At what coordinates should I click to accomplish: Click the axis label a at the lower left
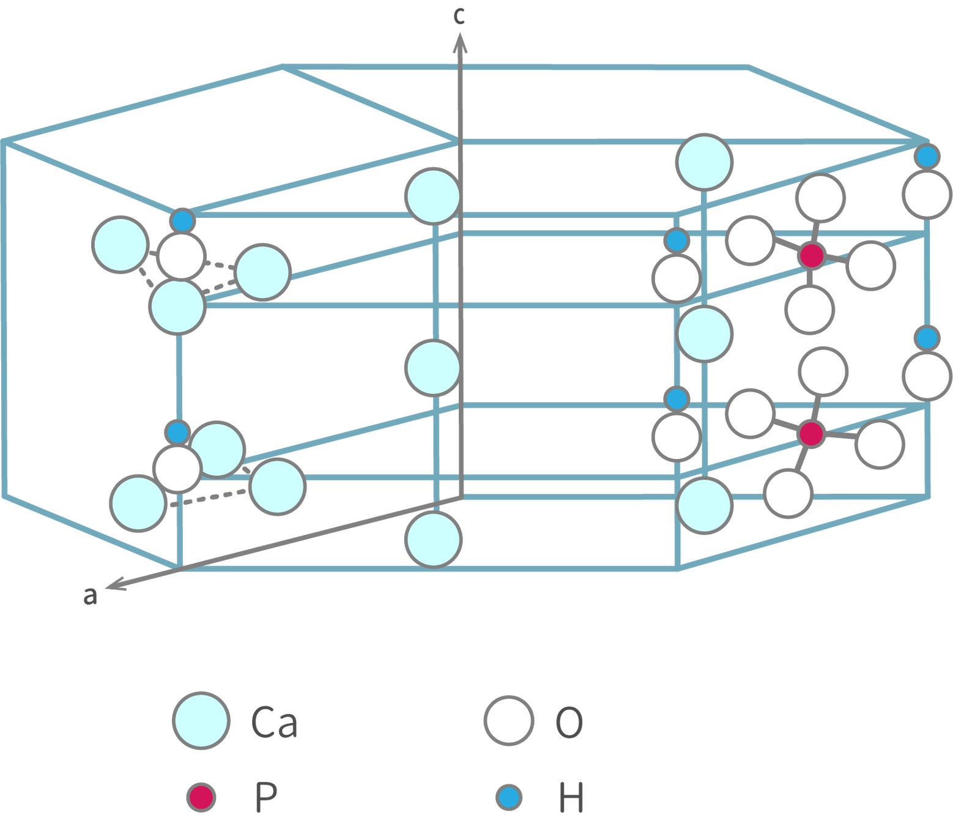(90, 595)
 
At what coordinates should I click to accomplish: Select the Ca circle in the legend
(201, 720)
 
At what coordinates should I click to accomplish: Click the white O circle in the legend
(508, 720)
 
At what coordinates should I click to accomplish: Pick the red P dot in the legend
(201, 797)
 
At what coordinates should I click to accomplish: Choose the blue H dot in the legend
(508, 797)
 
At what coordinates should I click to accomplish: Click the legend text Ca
(274, 722)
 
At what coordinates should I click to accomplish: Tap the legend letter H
(571, 797)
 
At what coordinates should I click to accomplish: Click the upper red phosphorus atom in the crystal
(812, 255)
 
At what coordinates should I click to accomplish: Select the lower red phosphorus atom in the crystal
(811, 433)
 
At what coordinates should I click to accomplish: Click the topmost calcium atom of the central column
(432, 196)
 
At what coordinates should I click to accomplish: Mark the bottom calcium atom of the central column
(433, 540)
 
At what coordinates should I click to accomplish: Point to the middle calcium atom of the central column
(432, 368)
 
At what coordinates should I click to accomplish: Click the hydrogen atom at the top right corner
(927, 157)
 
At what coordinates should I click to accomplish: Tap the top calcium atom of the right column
(704, 162)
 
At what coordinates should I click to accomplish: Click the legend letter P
(265, 797)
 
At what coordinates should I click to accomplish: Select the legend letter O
(569, 722)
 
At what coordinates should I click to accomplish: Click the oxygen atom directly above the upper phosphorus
(820, 198)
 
